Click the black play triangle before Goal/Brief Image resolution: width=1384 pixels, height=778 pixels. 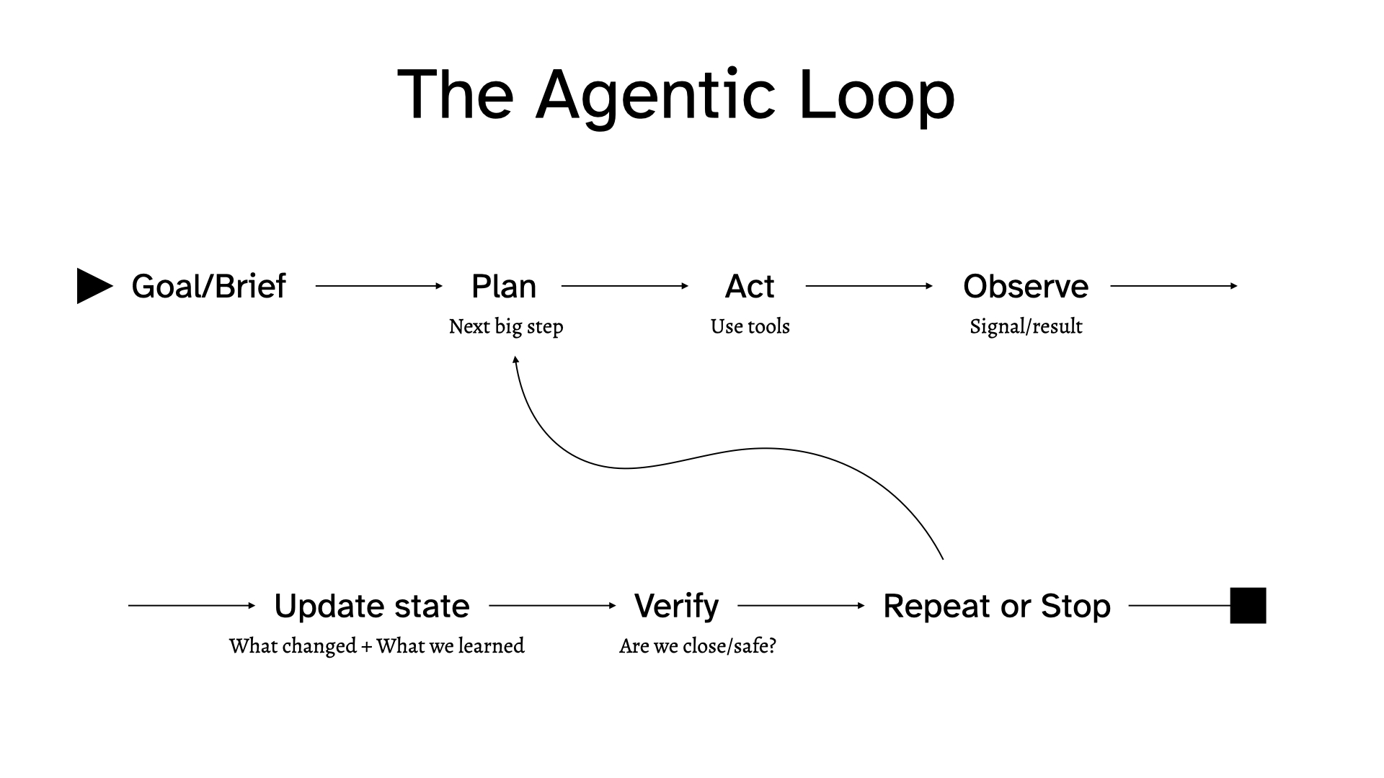[x=93, y=286]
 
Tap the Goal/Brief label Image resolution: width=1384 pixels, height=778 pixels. [x=208, y=286]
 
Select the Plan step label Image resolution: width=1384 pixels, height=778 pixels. [x=504, y=286]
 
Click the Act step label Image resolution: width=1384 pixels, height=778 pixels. [x=750, y=286]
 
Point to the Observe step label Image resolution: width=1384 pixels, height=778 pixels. [x=1026, y=286]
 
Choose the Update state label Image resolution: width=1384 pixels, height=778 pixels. [x=372, y=606]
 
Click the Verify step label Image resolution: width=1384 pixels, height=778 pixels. [x=676, y=606]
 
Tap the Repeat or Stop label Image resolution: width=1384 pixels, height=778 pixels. [x=997, y=606]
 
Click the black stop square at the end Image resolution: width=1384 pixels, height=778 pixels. [x=1248, y=606]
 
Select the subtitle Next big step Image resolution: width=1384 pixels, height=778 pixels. [x=506, y=326]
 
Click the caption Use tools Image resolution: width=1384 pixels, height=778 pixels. [x=750, y=326]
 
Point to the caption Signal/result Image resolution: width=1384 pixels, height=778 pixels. [x=1026, y=326]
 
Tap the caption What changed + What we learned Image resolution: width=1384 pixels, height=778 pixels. [x=377, y=646]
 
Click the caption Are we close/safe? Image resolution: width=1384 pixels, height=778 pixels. [x=697, y=646]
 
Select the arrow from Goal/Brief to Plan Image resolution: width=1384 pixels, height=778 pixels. [x=379, y=286]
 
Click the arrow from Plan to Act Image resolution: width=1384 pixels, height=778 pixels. [x=625, y=286]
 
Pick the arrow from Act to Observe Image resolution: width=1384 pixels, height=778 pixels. [x=869, y=286]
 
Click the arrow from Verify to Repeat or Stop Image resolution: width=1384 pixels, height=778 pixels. [x=801, y=606]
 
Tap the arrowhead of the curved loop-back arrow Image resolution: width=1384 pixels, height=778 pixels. [x=515, y=359]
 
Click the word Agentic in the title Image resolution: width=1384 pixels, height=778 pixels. [x=655, y=94]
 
